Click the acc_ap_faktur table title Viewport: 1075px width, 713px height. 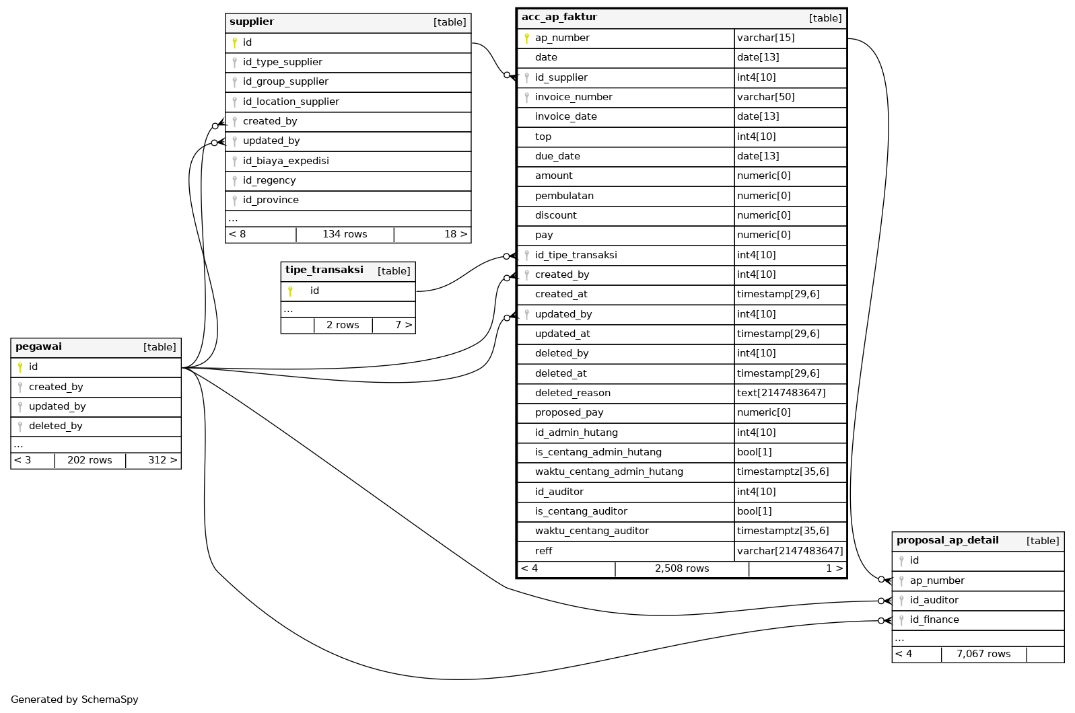pyautogui.click(x=559, y=17)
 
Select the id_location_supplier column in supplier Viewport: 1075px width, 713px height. pyautogui.click(x=291, y=102)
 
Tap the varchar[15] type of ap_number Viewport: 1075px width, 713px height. pyautogui.click(x=765, y=38)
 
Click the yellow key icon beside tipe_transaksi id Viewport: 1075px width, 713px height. pyautogui.click(x=290, y=291)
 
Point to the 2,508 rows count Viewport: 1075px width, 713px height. pyautogui.click(x=681, y=568)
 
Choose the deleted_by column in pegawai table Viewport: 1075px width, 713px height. pyautogui.click(x=55, y=426)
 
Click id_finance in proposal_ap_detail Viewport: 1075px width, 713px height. pyautogui.click(x=934, y=620)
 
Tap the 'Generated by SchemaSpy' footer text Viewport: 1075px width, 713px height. pyautogui.click(x=74, y=700)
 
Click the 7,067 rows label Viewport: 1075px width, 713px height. pyautogui.click(x=983, y=654)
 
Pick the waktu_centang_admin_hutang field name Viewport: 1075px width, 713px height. pyautogui.click(x=609, y=472)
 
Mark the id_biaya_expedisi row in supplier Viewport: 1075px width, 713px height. pyautogui.click(x=285, y=161)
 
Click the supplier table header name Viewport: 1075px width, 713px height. pyautogui.click(x=252, y=22)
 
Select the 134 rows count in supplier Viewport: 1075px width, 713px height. pyautogui.click(x=345, y=234)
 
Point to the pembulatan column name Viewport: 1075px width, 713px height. pyautogui.click(x=564, y=196)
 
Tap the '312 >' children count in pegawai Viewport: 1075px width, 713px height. pyautogui.click(x=162, y=460)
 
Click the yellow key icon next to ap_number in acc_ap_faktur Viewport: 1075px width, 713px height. pyautogui.click(x=526, y=38)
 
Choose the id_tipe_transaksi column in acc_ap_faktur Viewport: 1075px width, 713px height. pyautogui.click(x=576, y=255)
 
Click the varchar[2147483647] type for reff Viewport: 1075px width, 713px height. pyautogui.click(x=790, y=551)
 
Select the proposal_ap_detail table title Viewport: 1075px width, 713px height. pyautogui.click(x=947, y=540)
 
